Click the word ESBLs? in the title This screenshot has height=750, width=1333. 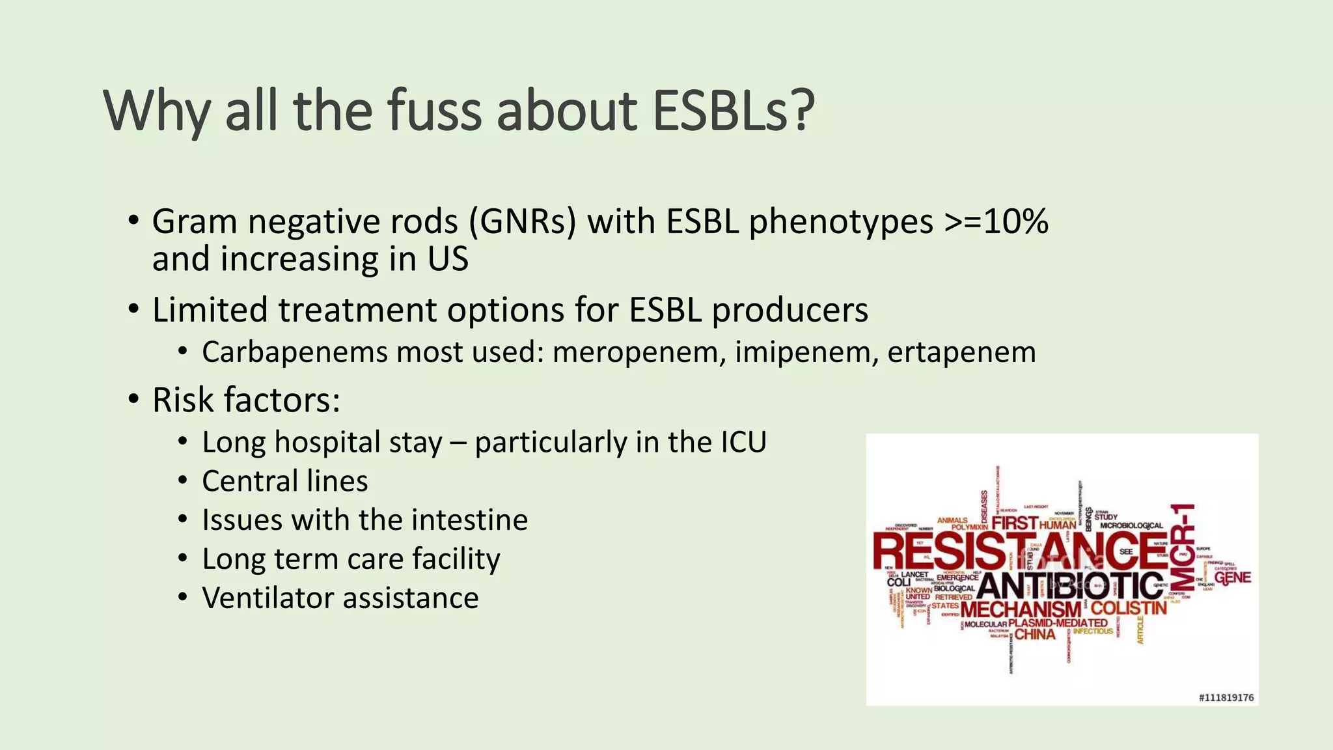tap(734, 111)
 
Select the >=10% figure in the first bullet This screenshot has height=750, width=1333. tap(996, 222)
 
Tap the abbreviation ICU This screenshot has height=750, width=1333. tap(743, 442)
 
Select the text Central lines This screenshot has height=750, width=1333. tap(284, 481)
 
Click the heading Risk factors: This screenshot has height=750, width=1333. tap(246, 400)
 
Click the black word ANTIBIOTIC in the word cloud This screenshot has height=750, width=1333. tap(1070, 586)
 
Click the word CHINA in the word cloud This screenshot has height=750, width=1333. tap(1035, 634)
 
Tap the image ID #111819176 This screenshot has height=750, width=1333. tap(1226, 697)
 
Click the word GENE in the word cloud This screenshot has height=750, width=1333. tap(1232, 577)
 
